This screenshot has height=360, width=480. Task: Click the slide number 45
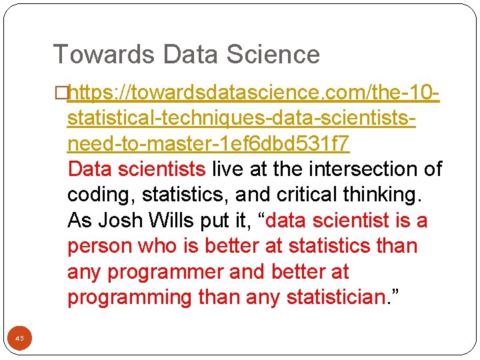click(19, 339)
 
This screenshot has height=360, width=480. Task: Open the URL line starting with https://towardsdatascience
click(253, 92)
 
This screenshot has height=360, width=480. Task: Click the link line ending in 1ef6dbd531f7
click(209, 143)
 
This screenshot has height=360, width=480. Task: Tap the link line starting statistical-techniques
click(243, 118)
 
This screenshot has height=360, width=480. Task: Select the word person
click(99, 246)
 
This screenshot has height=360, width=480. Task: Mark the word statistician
click(337, 297)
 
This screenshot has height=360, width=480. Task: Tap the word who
click(157, 246)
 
